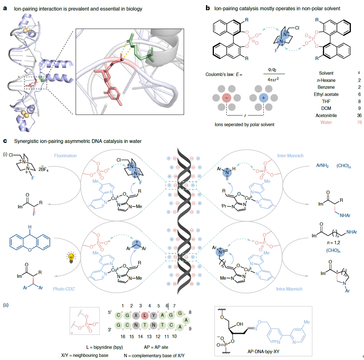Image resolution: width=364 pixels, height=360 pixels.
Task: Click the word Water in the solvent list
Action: pos(326,122)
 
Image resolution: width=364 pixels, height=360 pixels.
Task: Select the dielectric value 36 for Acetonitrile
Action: pos(359,115)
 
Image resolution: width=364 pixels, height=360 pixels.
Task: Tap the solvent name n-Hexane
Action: pos(326,80)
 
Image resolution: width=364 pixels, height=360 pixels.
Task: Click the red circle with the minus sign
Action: pos(227,98)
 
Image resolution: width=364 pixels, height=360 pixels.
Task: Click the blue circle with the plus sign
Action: pos(263,98)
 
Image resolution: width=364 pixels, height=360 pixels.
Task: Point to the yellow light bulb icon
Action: pos(71,257)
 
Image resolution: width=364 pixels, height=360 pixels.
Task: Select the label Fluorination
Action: pos(65,156)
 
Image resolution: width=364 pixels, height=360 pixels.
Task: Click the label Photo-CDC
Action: pos(64,289)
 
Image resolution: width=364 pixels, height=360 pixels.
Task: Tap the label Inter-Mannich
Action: pos(290,156)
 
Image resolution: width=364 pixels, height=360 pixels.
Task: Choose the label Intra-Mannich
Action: pos(289,289)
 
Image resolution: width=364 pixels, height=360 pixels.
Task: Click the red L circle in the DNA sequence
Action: pos(145,315)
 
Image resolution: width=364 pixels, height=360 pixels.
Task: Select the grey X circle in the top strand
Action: pos(136,315)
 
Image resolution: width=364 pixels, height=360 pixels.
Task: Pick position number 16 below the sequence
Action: pos(123,336)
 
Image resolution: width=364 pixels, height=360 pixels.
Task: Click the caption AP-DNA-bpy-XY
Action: pos(263,352)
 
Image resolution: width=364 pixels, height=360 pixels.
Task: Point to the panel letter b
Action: pos(208,8)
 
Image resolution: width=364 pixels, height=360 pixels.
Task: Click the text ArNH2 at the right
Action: pos(322,166)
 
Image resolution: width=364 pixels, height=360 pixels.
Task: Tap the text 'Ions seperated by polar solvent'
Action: pos(244,124)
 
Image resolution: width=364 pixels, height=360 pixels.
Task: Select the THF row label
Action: pos(326,101)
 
